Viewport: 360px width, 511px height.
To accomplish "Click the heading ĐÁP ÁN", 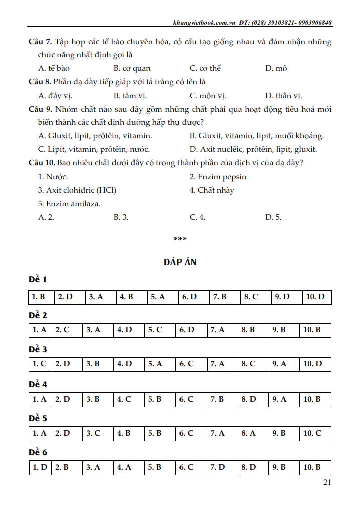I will point(179,262).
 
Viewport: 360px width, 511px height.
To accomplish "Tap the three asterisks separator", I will point(179,239).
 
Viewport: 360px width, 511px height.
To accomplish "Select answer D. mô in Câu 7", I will point(276,68).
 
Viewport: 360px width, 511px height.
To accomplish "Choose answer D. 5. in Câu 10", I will point(273,217).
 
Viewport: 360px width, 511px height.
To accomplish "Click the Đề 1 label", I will point(38,280).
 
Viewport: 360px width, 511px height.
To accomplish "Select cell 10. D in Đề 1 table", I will point(315,297).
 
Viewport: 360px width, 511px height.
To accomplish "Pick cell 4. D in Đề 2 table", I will point(124,330).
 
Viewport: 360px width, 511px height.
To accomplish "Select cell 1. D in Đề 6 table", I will point(40,467).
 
